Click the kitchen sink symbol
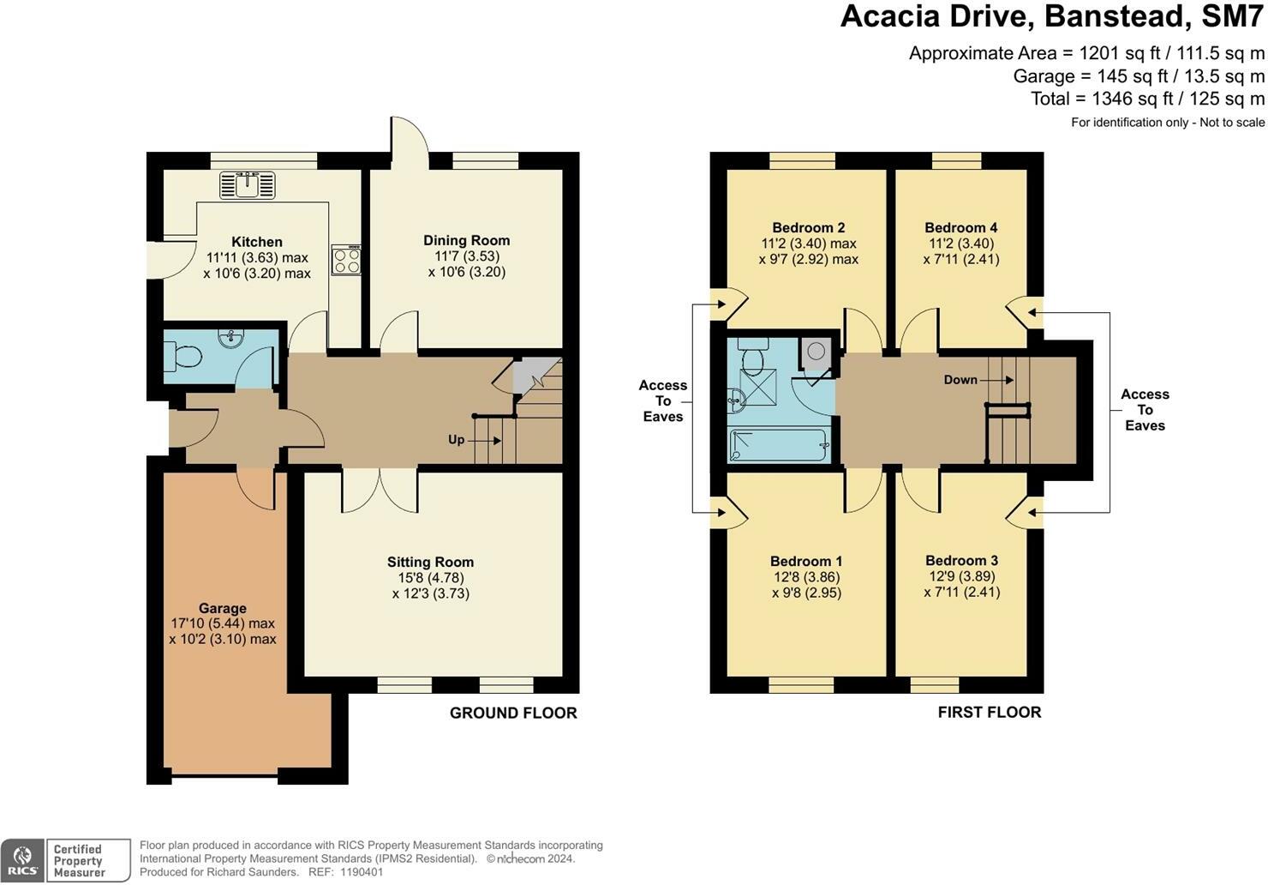[x=248, y=185]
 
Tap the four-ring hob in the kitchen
[x=346, y=260]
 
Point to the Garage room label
[x=223, y=608]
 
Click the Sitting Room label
[x=430, y=562]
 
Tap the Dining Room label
[x=466, y=240]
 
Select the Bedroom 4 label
[x=961, y=228]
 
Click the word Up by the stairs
[x=457, y=440]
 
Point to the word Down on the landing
[x=960, y=380]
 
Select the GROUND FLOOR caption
[x=513, y=713]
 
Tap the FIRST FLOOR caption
[x=990, y=712]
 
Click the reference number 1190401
[x=362, y=872]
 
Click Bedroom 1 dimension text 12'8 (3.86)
[x=807, y=577]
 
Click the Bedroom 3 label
[x=962, y=560]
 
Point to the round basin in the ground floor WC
[x=231, y=339]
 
